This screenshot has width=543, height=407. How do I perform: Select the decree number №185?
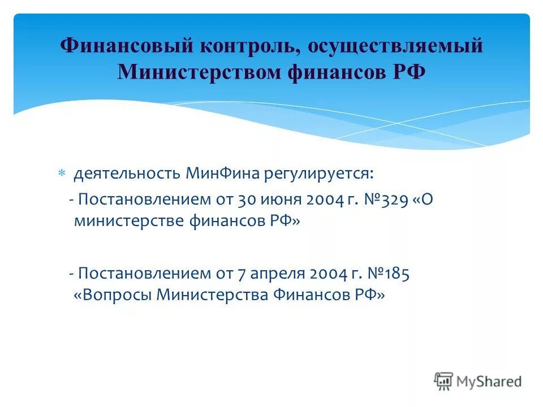point(389,274)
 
